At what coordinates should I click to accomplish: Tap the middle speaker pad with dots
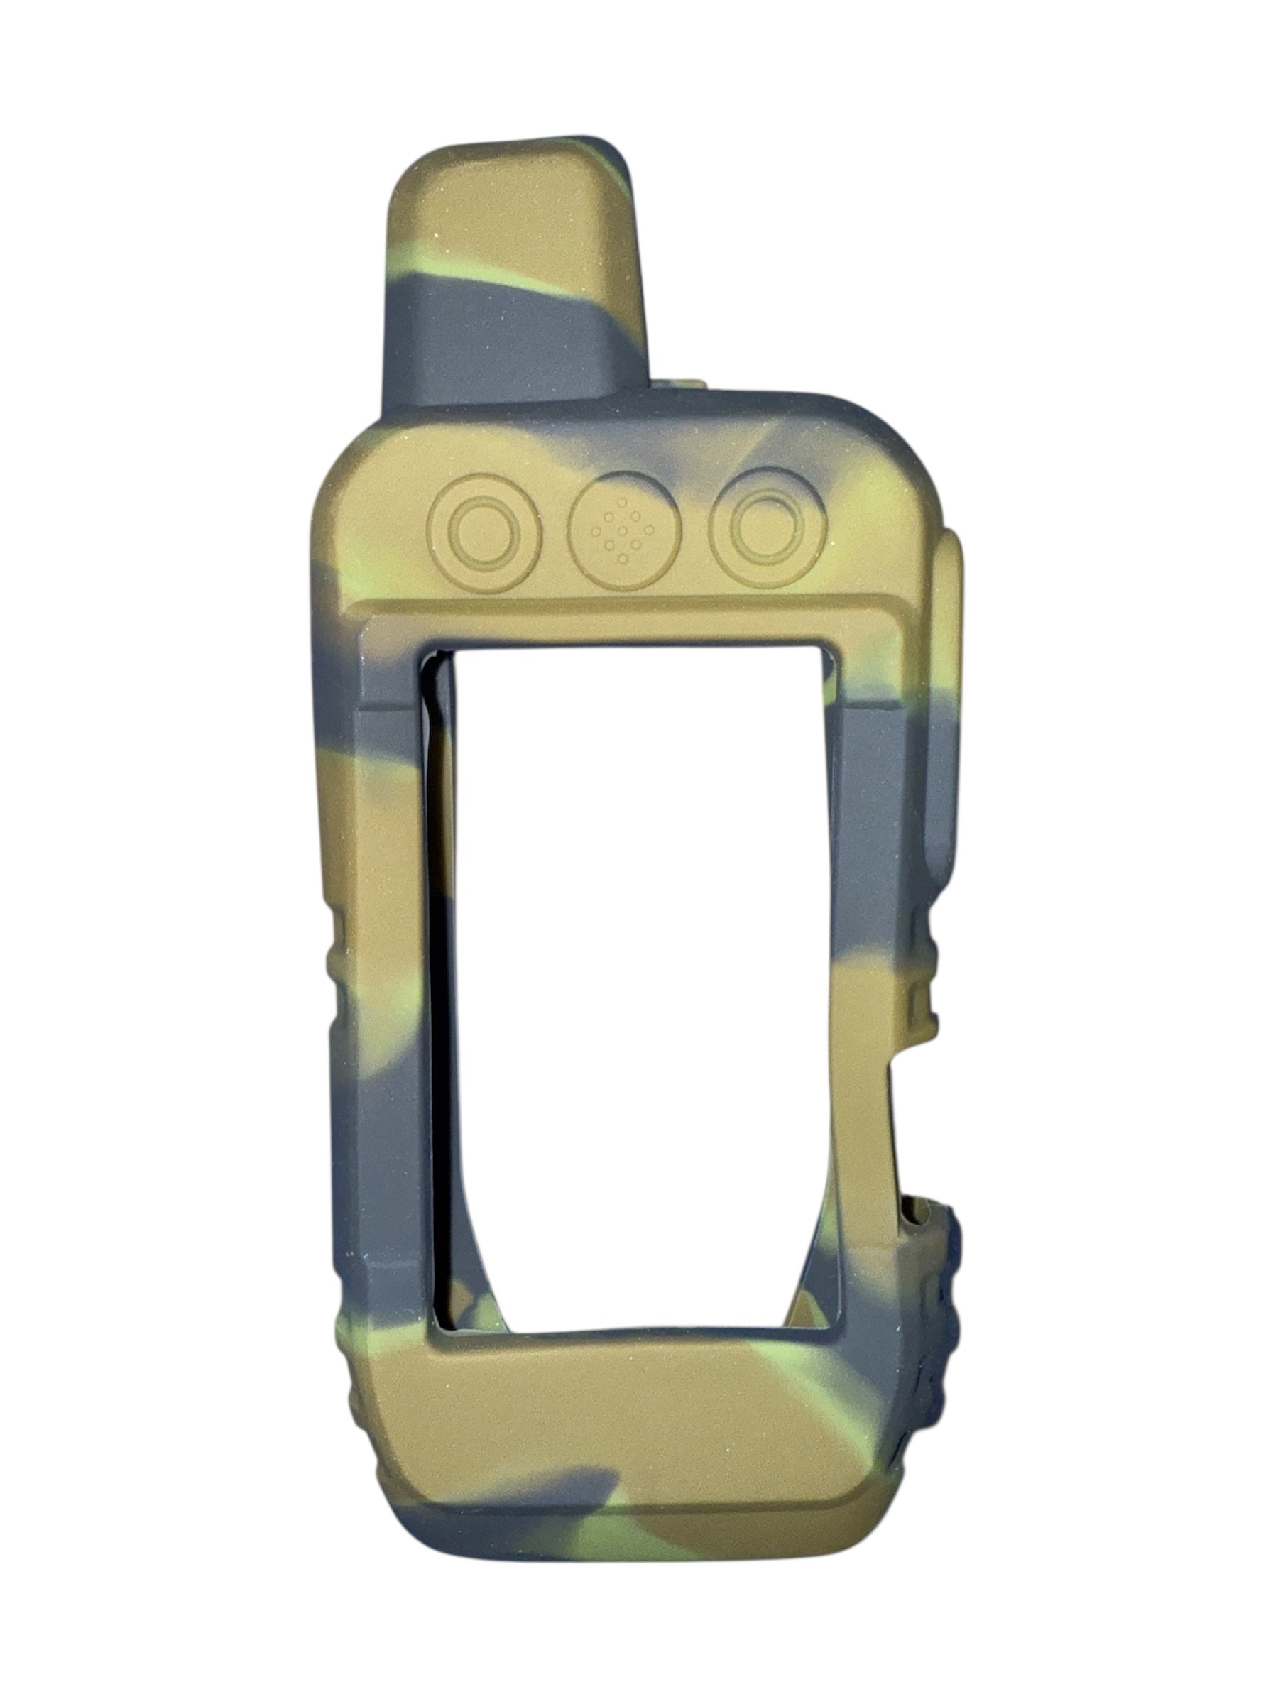click(x=623, y=531)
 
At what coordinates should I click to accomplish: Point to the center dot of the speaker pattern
click(x=623, y=532)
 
